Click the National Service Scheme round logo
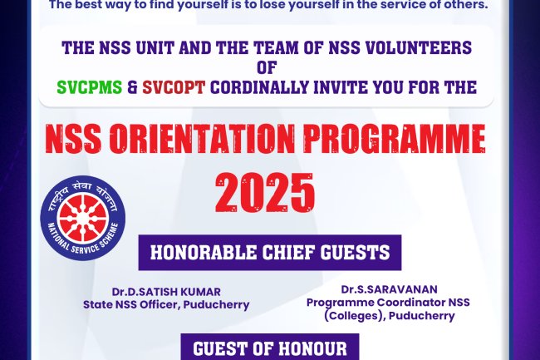(83, 218)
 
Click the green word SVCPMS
(87, 87)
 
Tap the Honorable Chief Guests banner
(270, 253)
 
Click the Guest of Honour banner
(270, 348)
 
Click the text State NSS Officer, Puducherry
(166, 304)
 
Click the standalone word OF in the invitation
(268, 67)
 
